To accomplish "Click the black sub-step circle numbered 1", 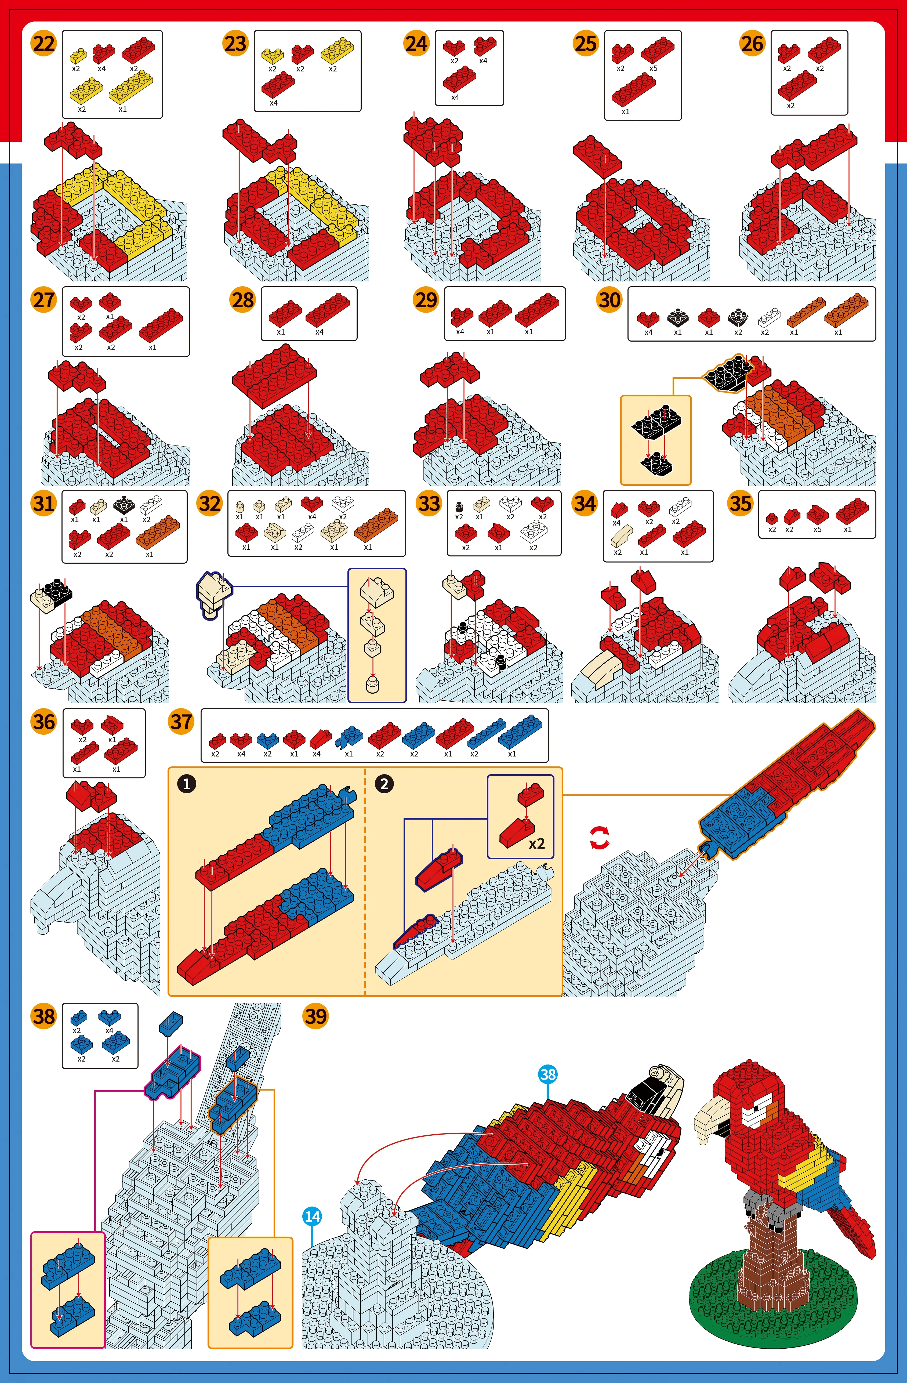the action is coord(187,784).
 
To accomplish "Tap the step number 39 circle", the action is coord(315,1016).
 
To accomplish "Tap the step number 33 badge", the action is coord(429,503).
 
